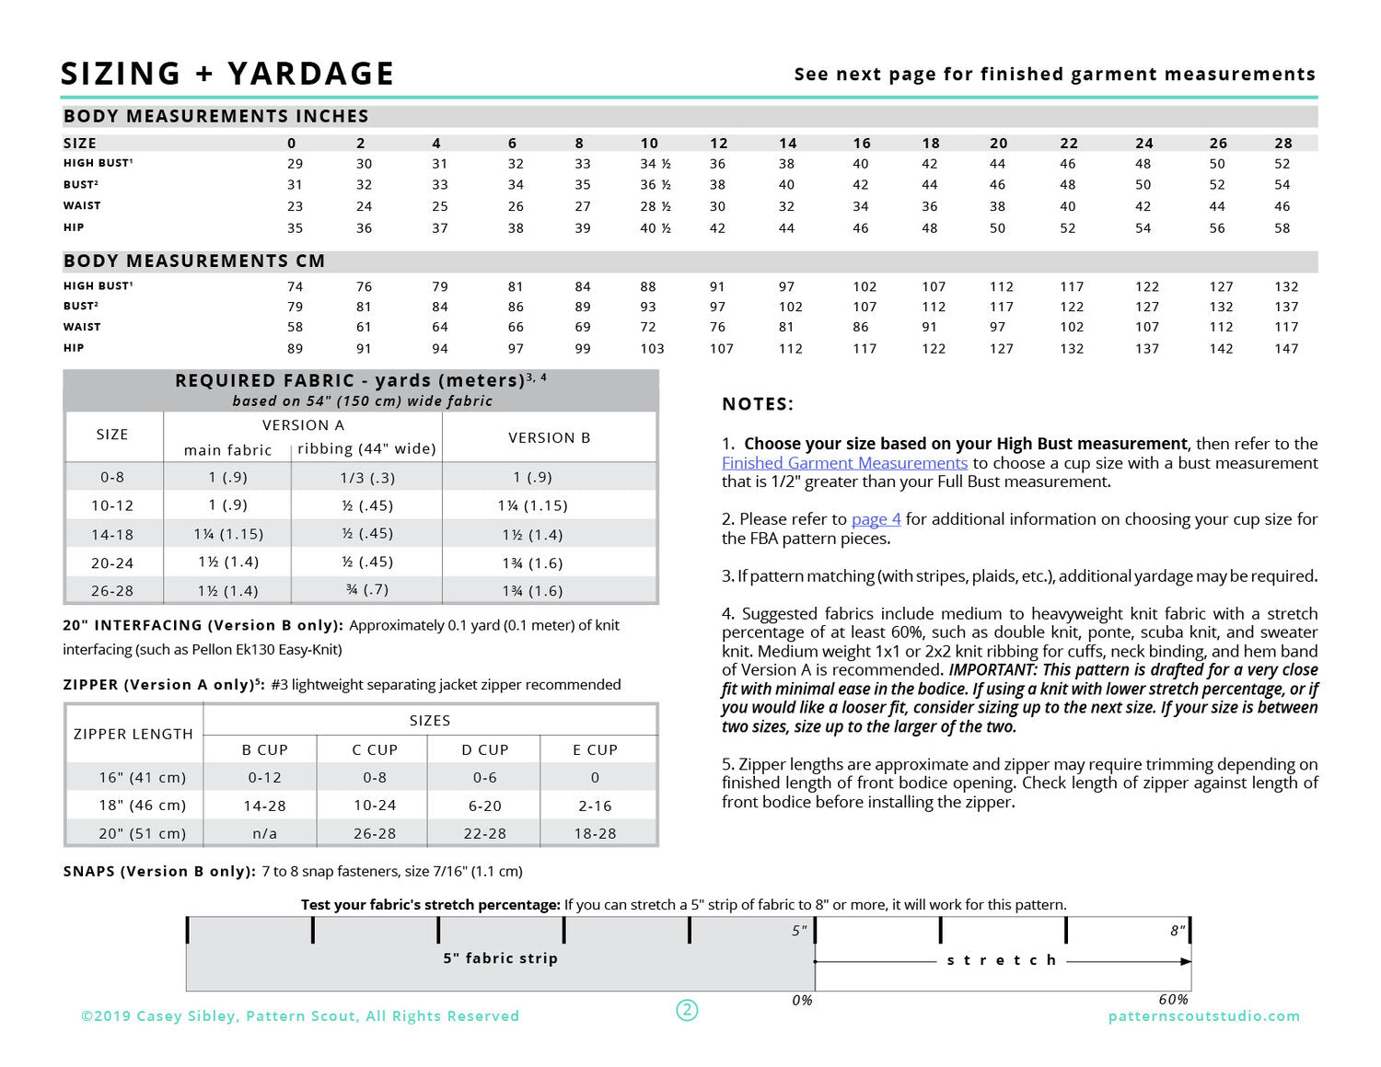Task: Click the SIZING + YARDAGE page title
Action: tap(227, 74)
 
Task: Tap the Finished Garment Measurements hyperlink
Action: tap(844, 463)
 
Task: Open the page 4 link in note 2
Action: tap(876, 519)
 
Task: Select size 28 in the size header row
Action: tap(1283, 143)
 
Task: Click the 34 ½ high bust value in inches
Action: tap(655, 164)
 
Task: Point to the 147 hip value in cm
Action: tap(1286, 349)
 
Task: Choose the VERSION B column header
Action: tap(549, 437)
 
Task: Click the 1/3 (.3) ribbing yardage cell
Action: tap(367, 478)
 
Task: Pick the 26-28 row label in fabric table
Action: tap(112, 591)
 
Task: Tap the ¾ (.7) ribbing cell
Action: tap(367, 590)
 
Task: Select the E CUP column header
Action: tap(595, 750)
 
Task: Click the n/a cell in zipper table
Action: tap(264, 833)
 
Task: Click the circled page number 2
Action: tap(687, 1010)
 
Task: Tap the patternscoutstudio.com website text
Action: tap(1203, 1016)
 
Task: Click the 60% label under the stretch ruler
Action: tap(1173, 1000)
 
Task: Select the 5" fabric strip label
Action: tap(500, 958)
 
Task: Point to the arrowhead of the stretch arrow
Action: tap(1186, 961)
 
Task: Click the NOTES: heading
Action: tap(757, 404)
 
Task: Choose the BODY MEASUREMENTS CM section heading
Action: tap(194, 261)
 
